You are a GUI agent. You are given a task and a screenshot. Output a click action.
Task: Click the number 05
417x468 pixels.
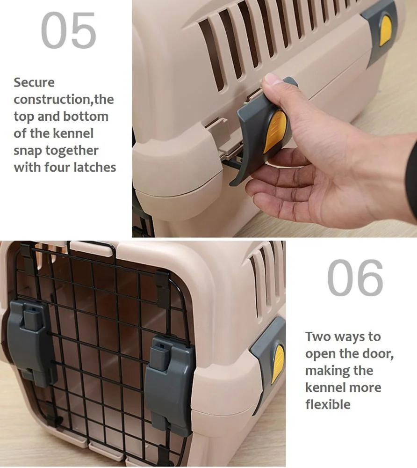pyautogui.click(x=69, y=31)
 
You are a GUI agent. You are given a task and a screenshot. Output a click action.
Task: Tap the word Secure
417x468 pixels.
pyautogui.click(x=34, y=82)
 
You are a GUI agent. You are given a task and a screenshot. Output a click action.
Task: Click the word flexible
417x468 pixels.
pyautogui.click(x=328, y=404)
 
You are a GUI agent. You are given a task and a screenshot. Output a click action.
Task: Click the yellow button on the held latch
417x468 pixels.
pyautogui.click(x=275, y=132)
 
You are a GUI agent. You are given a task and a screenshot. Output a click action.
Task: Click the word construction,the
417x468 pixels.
pyautogui.click(x=64, y=99)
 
